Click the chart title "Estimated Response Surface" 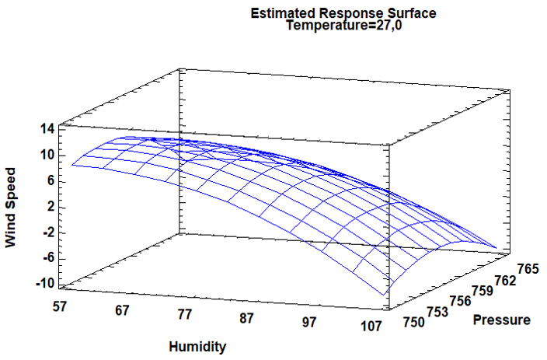click(x=343, y=13)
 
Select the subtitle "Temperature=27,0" click(x=343, y=26)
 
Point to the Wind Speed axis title click(x=11, y=208)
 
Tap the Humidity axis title click(x=198, y=347)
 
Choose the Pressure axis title click(x=502, y=320)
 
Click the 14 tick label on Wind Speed click(x=47, y=130)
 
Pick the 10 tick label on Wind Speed click(x=47, y=156)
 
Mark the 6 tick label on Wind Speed click(x=51, y=181)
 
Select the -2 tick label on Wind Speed click(x=49, y=233)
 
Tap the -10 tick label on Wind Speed click(x=45, y=284)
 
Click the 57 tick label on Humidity click(x=60, y=306)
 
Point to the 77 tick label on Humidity click(x=184, y=314)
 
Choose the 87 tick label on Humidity click(x=246, y=318)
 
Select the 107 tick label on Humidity click(x=371, y=326)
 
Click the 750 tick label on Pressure click(x=413, y=322)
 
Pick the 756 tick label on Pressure click(x=460, y=300)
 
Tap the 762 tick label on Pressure click(x=505, y=280)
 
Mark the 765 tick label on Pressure click(x=528, y=269)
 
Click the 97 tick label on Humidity click(x=308, y=322)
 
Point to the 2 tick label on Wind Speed click(x=51, y=207)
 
